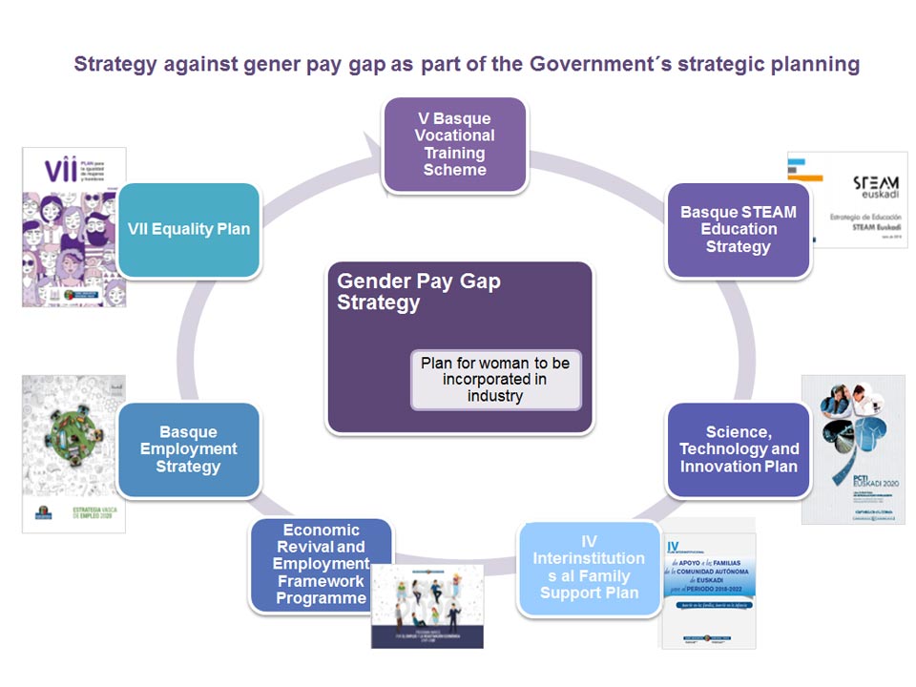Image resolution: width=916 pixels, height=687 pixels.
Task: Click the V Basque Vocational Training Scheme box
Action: click(454, 145)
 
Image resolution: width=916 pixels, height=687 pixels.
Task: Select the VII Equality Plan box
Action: click(189, 230)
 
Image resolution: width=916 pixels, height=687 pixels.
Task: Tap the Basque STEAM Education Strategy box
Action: click(738, 230)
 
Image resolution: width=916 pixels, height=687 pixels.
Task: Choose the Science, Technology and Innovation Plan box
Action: click(739, 449)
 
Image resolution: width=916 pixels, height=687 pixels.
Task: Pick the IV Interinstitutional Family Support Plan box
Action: click(589, 568)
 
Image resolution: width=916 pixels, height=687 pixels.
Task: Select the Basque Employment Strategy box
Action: click(189, 449)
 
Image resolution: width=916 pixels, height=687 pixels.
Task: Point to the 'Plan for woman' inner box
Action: click(496, 380)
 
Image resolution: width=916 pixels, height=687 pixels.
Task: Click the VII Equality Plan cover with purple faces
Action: click(74, 227)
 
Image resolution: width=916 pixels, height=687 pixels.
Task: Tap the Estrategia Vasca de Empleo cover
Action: click(73, 453)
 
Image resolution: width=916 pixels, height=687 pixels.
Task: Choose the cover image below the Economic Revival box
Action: click(427, 606)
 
